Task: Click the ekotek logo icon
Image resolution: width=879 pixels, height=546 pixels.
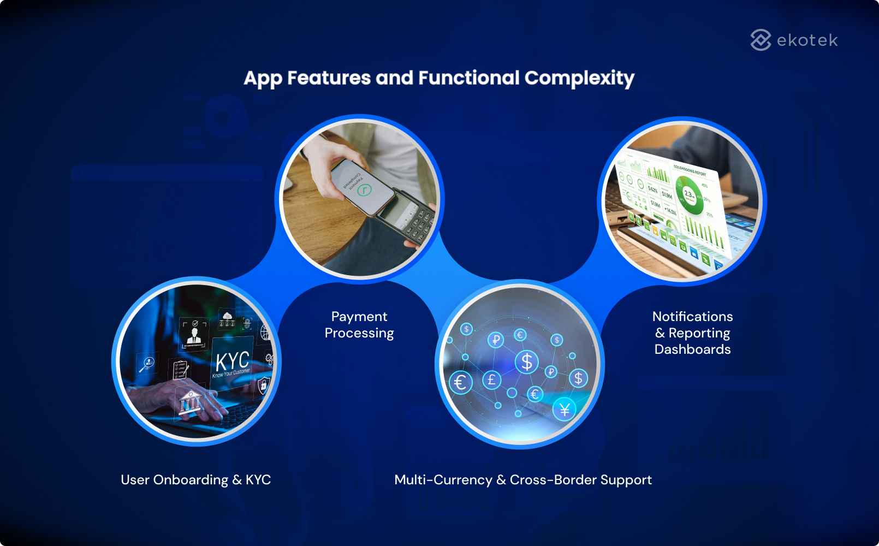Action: click(761, 40)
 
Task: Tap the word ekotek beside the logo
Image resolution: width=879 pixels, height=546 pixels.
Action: click(807, 40)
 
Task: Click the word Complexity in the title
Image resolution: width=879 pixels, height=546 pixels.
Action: click(579, 78)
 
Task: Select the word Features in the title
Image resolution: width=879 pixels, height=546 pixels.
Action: click(329, 78)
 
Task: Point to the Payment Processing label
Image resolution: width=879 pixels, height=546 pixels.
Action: click(359, 325)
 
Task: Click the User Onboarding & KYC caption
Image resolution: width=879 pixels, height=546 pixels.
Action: click(195, 480)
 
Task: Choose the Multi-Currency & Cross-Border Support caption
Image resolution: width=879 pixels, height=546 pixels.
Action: click(523, 480)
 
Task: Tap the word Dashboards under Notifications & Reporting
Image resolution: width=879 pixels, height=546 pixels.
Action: click(692, 349)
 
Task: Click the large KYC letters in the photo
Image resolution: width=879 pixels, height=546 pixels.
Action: click(232, 362)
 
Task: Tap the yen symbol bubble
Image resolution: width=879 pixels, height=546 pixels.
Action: click(565, 409)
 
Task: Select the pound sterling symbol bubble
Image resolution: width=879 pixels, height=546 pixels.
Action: click(491, 379)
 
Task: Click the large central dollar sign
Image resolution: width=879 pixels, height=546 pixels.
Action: click(527, 361)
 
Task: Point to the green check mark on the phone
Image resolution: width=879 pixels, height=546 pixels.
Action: click(364, 190)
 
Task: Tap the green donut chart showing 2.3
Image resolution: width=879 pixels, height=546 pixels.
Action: click(690, 194)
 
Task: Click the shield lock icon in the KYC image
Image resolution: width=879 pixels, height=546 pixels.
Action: click(264, 384)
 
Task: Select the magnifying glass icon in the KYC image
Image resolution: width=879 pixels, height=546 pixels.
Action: click(147, 364)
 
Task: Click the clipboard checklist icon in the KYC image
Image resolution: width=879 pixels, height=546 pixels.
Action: click(180, 370)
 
